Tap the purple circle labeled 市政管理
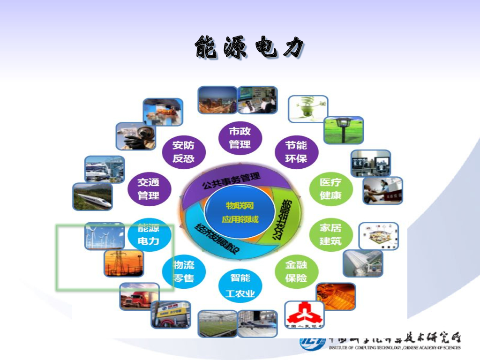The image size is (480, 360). pos(240,137)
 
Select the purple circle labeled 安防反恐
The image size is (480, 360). pos(183,151)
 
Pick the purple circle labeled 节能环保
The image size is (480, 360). pos(296,151)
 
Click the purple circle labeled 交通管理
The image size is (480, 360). pos(149,188)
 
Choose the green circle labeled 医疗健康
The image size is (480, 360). pos(331,188)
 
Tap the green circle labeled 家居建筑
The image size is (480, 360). pos(331,234)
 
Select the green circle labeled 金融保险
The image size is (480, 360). pos(296,271)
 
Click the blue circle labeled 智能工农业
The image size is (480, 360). pos(240,285)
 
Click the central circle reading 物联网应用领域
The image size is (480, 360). pos(240,212)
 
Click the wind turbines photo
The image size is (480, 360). pos(105,236)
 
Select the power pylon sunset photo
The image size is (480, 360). pos(124,263)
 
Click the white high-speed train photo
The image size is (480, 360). pos(92,196)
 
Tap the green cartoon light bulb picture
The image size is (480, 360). pos(307,109)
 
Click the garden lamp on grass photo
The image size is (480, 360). pos(343,130)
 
